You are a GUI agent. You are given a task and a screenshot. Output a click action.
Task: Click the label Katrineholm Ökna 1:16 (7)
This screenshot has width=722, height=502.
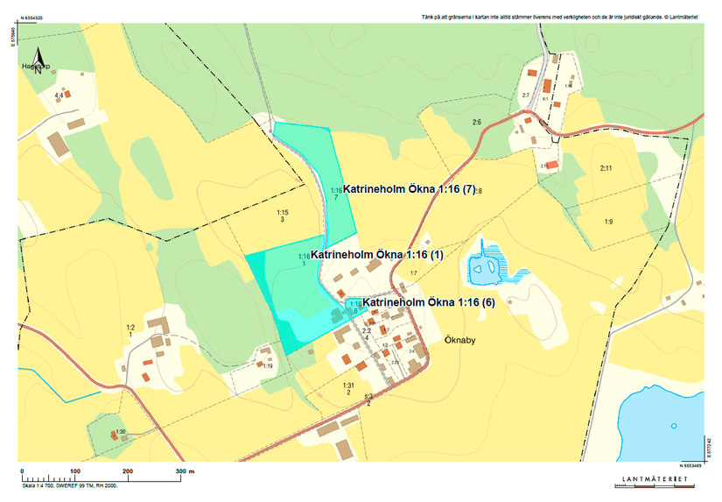click(409, 189)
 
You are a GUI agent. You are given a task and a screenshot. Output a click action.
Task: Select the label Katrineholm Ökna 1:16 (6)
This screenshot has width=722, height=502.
click(429, 302)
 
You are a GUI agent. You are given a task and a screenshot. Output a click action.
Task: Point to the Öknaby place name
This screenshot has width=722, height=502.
click(459, 339)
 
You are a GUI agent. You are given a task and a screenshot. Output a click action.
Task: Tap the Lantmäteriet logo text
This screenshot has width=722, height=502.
click(652, 480)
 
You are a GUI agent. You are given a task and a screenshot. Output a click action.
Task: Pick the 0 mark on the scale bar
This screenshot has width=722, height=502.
click(22, 471)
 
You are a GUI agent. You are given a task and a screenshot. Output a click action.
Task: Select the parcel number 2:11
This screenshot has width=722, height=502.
click(606, 167)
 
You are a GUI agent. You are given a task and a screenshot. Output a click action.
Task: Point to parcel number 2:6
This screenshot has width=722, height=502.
click(477, 121)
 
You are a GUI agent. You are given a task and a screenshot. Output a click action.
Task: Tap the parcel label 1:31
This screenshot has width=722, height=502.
click(347, 385)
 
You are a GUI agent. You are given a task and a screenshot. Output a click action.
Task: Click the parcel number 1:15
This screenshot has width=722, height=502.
click(282, 212)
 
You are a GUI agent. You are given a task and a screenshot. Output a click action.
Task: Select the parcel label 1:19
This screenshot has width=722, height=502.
click(268, 365)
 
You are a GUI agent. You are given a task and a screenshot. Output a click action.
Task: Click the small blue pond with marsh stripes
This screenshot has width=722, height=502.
click(483, 268)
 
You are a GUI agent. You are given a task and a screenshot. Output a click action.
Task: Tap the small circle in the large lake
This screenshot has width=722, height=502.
click(674, 426)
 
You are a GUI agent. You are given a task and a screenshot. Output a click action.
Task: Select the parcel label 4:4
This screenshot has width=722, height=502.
click(59, 95)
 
